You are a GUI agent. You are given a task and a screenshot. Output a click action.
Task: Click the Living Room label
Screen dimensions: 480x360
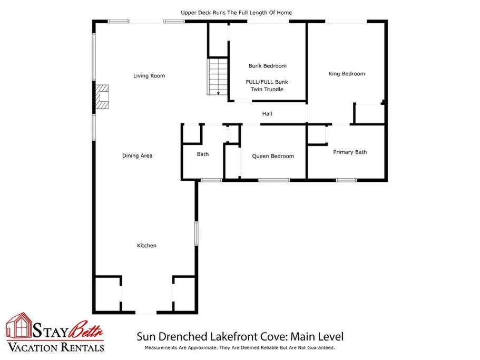[149, 75]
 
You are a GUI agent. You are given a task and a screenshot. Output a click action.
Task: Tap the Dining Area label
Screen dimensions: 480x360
[137, 155]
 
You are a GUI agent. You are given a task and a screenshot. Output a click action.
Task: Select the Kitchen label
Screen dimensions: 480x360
[146, 246]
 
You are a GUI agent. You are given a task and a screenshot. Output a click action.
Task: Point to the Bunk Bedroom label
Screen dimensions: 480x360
[268, 66]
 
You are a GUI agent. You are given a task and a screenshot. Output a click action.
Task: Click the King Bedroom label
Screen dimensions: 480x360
[347, 74]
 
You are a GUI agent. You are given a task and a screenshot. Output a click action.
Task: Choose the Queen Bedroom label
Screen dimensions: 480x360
[273, 156]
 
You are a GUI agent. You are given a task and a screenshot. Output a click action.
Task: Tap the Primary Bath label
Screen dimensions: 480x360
[350, 152]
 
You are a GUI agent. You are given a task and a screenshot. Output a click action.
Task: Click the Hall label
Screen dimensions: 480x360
[267, 113]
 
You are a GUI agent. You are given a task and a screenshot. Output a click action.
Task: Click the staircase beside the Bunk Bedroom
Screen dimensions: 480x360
[218, 76]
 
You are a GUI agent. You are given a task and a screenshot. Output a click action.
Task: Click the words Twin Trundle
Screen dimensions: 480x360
[267, 90]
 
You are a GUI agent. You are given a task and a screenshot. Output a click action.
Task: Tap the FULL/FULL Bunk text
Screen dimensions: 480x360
[267, 82]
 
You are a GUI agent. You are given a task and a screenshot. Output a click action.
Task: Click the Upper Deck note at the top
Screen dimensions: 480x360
[236, 13]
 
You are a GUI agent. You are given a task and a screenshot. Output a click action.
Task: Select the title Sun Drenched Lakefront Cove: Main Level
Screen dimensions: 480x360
[240, 336]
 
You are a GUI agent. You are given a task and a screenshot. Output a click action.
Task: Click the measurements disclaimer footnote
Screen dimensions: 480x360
[240, 348]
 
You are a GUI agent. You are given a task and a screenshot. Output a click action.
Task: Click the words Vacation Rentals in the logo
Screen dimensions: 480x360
[56, 347]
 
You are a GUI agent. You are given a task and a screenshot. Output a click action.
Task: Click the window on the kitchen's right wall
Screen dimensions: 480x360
[197, 233]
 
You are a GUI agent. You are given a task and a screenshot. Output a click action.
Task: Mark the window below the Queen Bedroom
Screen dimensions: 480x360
[274, 180]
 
